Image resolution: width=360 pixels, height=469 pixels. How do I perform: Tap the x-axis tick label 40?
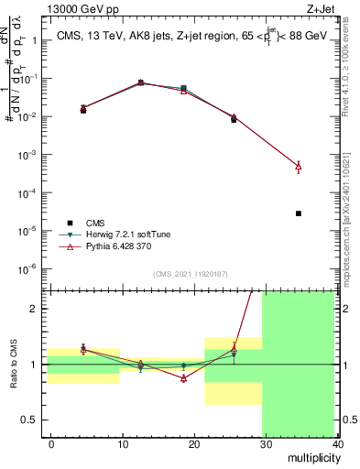pos(338,443)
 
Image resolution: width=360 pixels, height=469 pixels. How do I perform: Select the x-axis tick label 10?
pos(122,443)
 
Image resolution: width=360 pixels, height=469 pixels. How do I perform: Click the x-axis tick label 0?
pos(51,443)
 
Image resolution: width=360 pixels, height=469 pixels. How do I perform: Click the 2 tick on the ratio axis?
pos(32,309)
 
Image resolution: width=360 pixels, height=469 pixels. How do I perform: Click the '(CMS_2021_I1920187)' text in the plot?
pos(190,274)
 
